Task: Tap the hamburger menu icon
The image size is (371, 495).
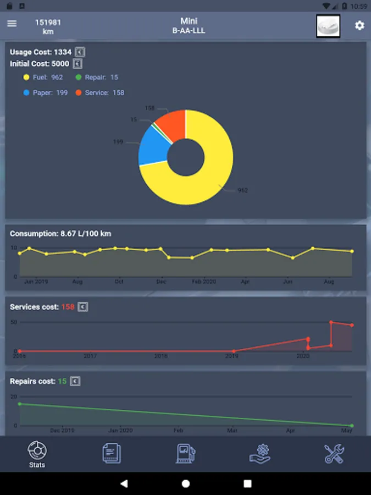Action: [x=12, y=24]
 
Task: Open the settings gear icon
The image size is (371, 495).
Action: [x=359, y=25]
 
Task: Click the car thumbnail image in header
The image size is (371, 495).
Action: [x=328, y=26]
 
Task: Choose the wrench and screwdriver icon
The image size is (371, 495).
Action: [x=334, y=453]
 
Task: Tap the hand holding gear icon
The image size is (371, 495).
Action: [x=259, y=453]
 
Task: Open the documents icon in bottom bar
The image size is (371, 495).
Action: [x=112, y=453]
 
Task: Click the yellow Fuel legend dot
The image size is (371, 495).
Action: [x=26, y=78]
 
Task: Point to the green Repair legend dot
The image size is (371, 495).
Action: [x=79, y=78]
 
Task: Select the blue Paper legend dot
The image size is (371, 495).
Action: [x=26, y=93]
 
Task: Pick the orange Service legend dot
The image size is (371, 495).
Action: [x=79, y=93]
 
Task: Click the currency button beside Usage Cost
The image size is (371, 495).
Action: [x=80, y=52]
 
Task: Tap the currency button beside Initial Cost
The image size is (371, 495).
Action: [x=77, y=64]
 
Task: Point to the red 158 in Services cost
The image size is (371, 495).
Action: [x=68, y=307]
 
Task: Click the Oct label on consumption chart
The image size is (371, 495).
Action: [x=119, y=282]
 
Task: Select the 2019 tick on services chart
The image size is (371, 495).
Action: [x=231, y=356]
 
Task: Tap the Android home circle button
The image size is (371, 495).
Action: [x=186, y=483]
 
